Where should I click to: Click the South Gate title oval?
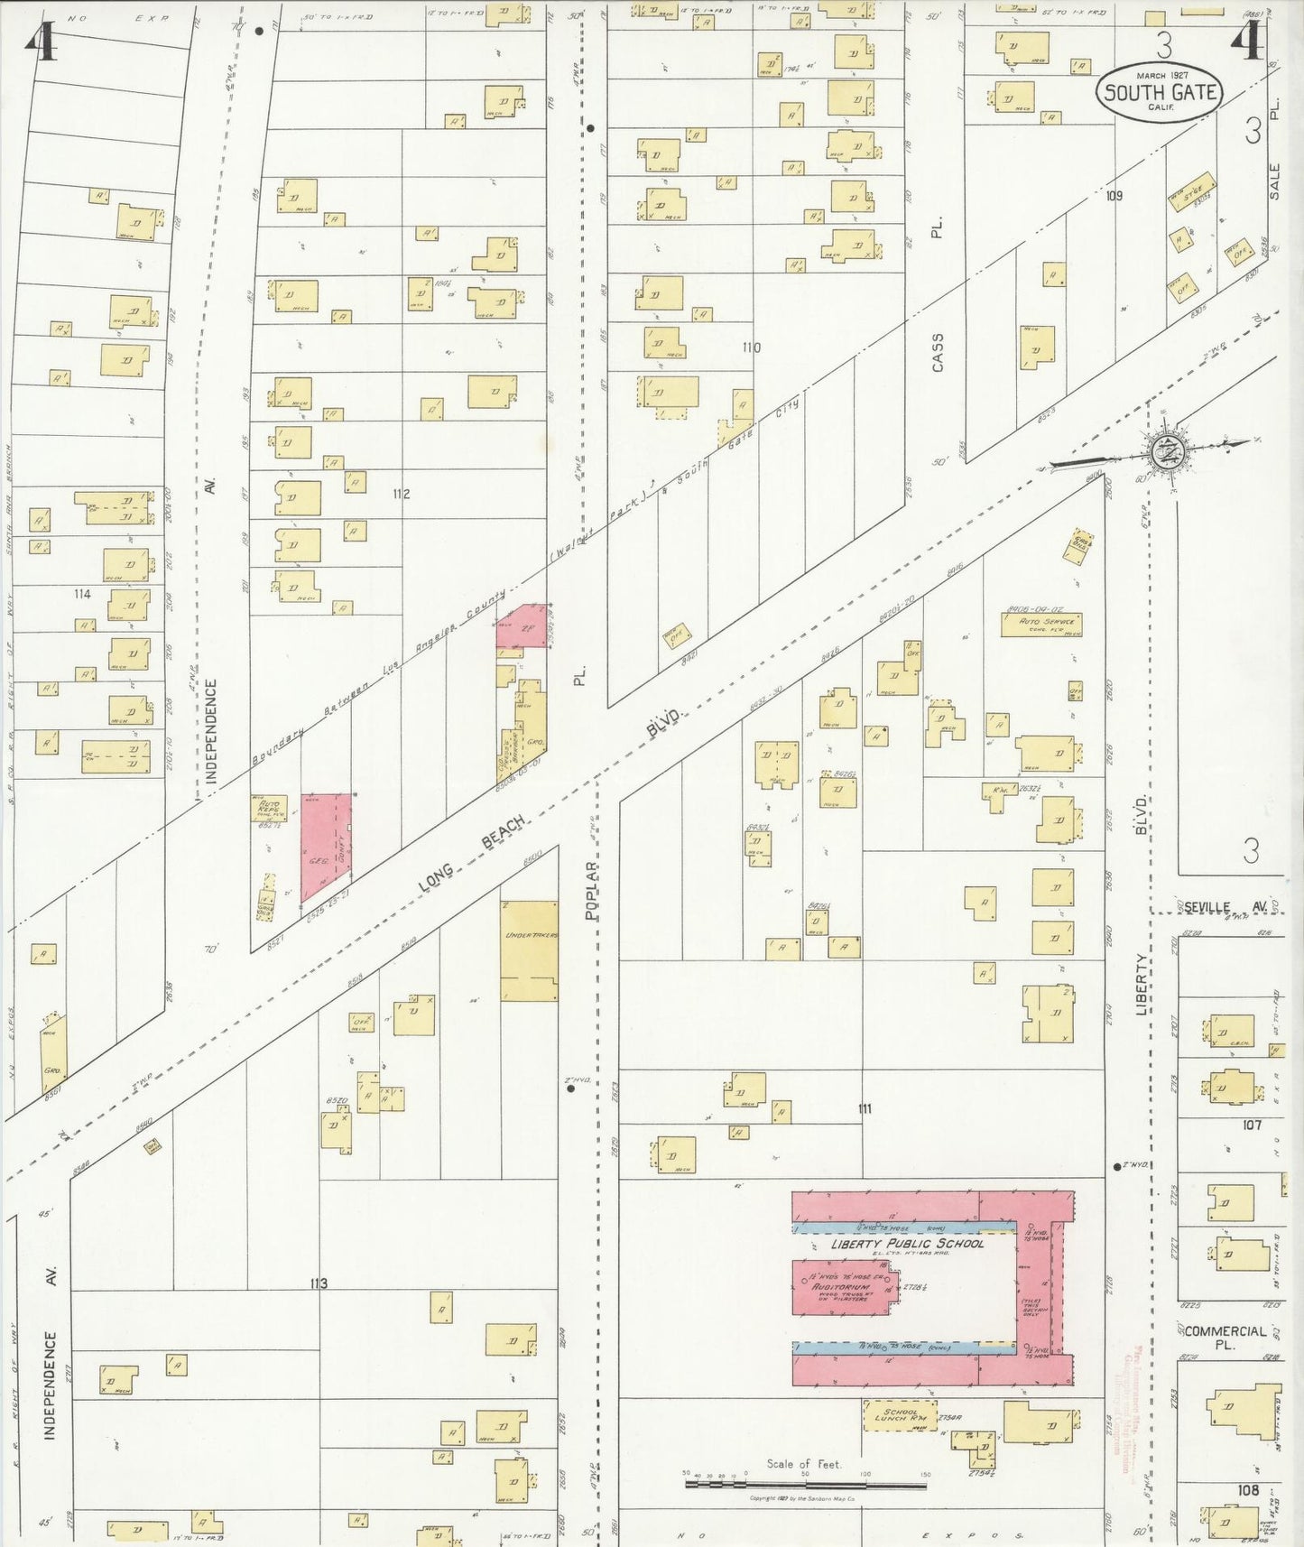1160,92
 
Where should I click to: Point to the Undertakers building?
530,950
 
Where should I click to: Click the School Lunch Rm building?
900,1416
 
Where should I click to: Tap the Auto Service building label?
1042,624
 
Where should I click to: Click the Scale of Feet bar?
805,1482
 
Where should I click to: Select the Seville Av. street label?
1225,906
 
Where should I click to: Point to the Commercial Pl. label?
1225,1338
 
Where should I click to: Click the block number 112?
401,494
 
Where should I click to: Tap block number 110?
750,347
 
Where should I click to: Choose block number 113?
318,1283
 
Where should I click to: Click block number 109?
1114,196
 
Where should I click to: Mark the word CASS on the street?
938,353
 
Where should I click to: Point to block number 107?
1251,1125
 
